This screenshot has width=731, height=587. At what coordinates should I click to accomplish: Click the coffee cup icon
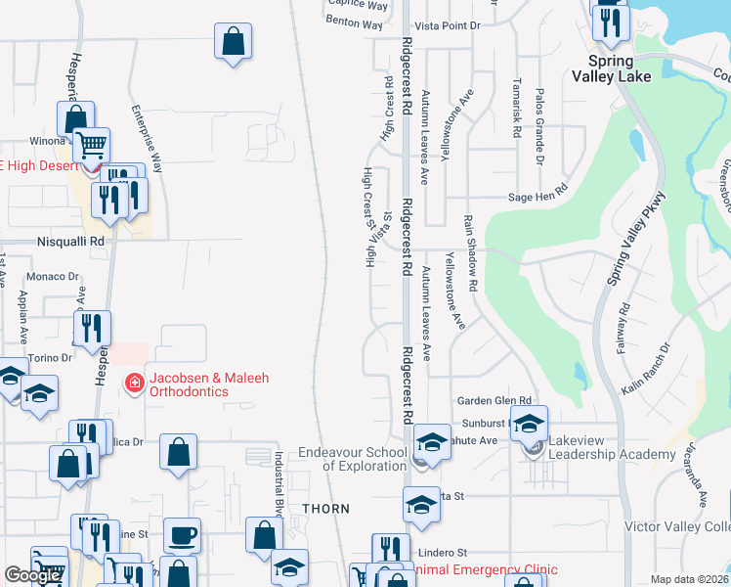click(x=182, y=535)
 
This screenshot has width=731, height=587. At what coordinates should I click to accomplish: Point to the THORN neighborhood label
click(x=324, y=509)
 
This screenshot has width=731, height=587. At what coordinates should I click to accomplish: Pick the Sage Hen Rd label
click(x=537, y=197)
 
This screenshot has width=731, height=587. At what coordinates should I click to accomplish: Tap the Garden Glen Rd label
click(x=494, y=401)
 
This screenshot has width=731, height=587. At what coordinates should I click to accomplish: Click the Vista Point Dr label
click(x=449, y=25)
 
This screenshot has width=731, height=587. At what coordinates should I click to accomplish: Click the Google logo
click(x=33, y=575)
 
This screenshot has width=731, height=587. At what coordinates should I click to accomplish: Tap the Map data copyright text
click(x=689, y=579)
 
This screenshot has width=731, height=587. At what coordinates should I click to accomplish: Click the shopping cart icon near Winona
click(x=91, y=146)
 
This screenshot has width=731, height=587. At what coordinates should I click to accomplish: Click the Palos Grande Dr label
click(x=538, y=124)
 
